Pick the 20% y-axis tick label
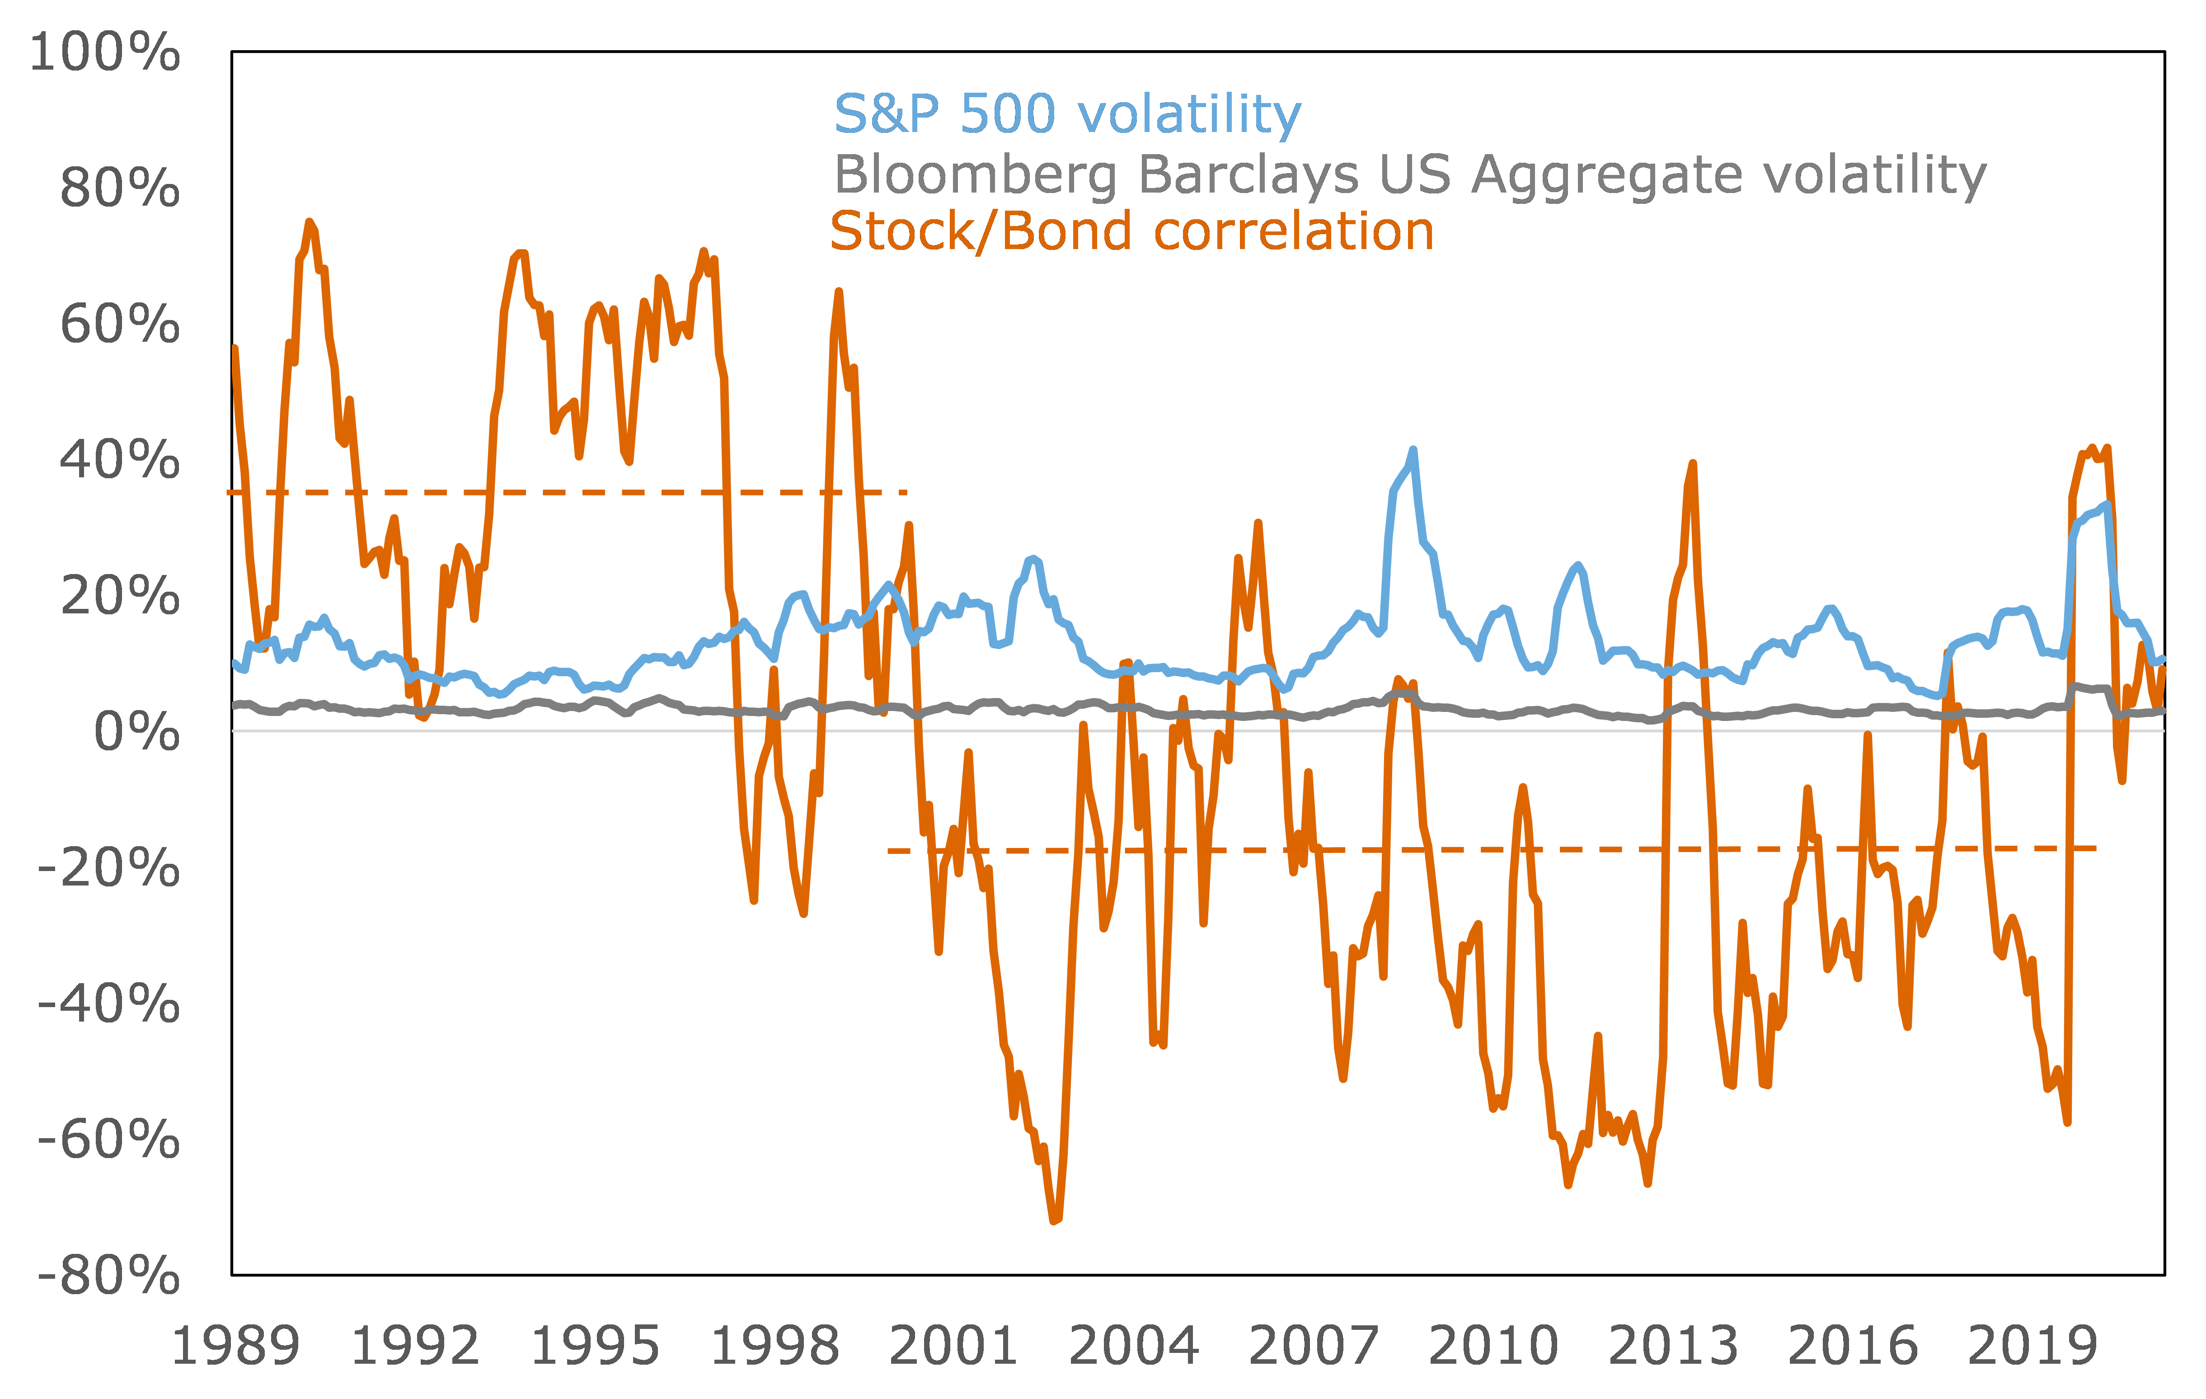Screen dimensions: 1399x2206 pyautogui.click(x=119, y=596)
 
